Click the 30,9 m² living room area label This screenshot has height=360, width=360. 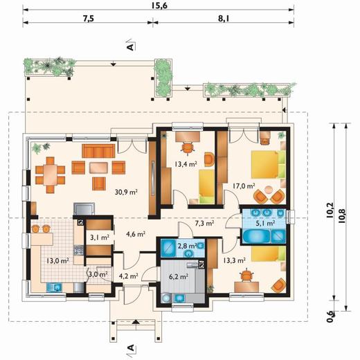(126, 192)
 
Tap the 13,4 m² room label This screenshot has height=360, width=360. (186, 164)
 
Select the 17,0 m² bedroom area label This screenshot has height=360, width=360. (244, 186)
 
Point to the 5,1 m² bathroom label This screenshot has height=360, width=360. (265, 223)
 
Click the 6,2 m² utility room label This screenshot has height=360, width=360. (179, 276)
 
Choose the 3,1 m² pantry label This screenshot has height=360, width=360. (100, 237)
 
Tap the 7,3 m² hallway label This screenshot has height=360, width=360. (204, 223)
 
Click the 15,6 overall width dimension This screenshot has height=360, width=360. (159, 6)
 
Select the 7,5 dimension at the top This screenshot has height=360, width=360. (89, 19)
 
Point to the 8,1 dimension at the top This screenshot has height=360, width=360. (224, 19)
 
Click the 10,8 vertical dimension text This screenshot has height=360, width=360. (342, 216)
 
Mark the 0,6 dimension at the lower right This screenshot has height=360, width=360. (331, 317)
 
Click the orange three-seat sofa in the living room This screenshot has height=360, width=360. (98, 151)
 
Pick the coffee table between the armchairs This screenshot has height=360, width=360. (98, 168)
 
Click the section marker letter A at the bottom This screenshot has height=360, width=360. (131, 348)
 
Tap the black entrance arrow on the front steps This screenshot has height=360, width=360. (136, 321)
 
